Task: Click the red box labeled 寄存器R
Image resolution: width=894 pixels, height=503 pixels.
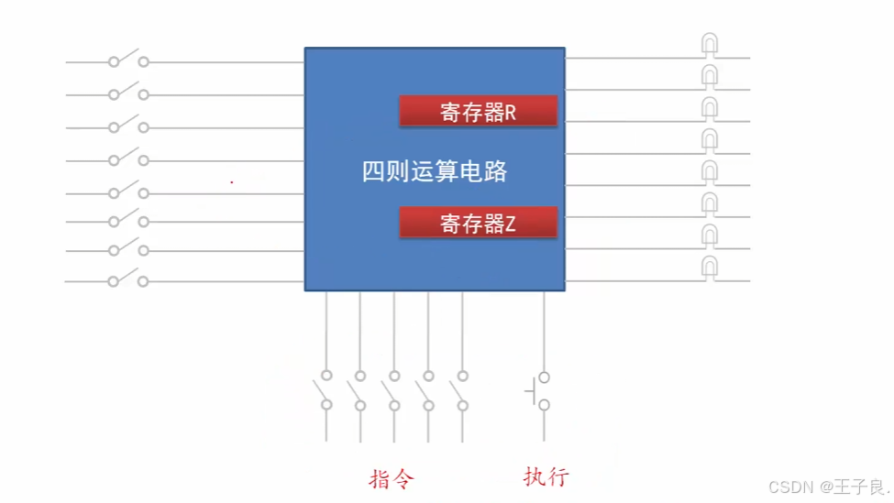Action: tap(478, 111)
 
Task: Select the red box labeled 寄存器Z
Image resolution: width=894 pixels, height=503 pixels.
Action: tap(478, 223)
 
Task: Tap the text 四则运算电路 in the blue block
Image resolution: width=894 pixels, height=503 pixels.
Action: tap(435, 171)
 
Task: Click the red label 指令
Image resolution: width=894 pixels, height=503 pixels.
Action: tap(392, 479)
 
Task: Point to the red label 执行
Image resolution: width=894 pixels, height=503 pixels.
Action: tap(546, 476)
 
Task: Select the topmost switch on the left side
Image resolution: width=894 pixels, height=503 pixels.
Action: tap(128, 60)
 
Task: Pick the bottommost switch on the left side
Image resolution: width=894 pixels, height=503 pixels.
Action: tap(128, 280)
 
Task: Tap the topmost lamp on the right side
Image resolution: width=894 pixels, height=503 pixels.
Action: tap(710, 45)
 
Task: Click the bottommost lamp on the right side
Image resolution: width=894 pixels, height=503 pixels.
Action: tap(710, 268)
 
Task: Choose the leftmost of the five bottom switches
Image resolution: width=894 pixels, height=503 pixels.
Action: tap(326, 391)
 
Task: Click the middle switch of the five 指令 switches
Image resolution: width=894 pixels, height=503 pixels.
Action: tap(394, 391)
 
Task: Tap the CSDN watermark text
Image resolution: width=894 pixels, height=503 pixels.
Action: tap(791, 487)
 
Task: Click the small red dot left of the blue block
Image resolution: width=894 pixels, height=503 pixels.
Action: tap(232, 182)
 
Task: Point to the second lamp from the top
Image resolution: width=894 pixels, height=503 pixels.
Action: tap(710, 76)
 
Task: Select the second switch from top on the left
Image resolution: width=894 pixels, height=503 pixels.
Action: tap(128, 93)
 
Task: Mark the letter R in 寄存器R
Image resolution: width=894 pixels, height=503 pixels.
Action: tap(511, 113)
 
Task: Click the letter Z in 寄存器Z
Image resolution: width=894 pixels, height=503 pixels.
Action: tap(511, 224)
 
